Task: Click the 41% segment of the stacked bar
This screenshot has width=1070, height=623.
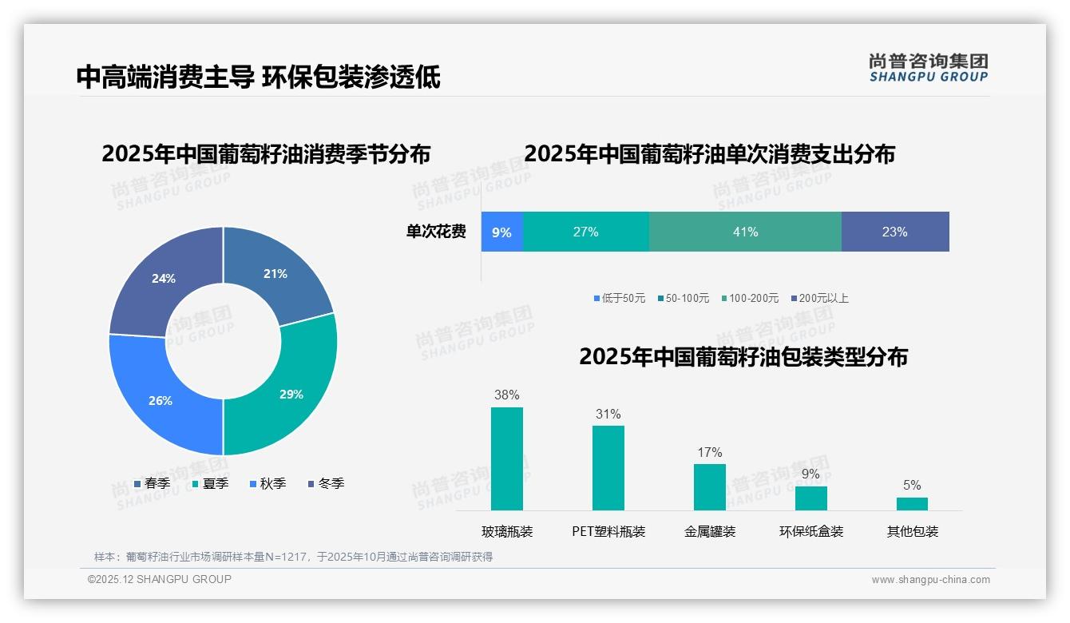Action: tap(745, 232)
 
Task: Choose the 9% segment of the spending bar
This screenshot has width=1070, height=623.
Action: tap(501, 232)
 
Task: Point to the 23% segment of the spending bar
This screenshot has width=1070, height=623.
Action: tap(894, 232)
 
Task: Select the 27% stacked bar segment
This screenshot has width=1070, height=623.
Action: tap(585, 232)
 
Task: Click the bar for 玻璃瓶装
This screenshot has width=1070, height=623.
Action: tap(506, 458)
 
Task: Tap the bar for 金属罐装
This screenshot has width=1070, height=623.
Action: tap(709, 486)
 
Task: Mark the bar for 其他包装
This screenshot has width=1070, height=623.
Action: tap(912, 503)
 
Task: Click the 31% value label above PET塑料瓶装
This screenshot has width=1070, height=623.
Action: tap(608, 414)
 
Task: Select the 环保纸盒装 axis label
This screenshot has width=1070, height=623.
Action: tap(811, 531)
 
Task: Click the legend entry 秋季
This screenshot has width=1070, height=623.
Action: tap(267, 483)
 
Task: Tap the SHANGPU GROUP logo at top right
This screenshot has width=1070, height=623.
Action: tap(928, 68)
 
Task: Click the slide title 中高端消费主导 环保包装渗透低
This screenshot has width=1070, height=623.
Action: tap(258, 77)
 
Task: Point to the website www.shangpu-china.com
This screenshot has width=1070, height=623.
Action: tap(930, 579)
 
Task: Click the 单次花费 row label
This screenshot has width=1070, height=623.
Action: tap(436, 232)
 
